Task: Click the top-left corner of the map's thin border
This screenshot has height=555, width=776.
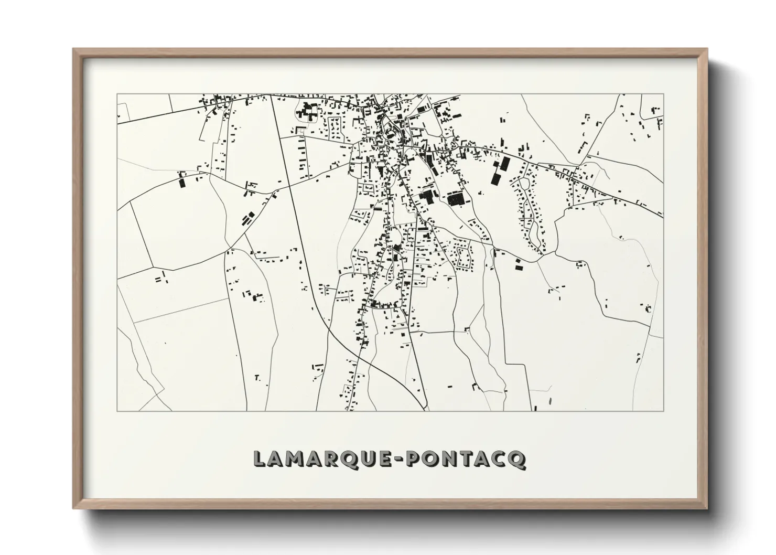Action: pos(117,94)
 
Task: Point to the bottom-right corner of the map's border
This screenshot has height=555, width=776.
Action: pos(663,411)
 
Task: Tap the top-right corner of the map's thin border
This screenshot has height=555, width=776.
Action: pos(663,94)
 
